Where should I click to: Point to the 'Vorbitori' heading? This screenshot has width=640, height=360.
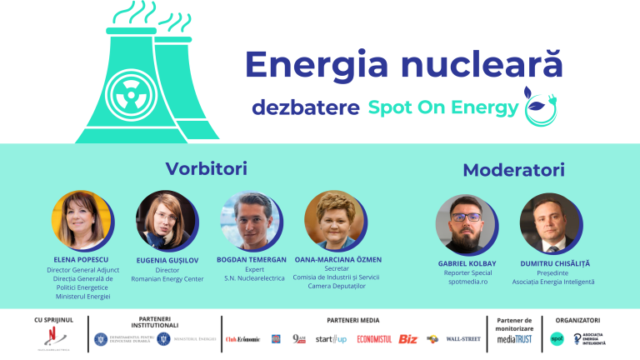[207, 168]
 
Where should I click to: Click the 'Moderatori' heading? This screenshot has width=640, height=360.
[513, 170]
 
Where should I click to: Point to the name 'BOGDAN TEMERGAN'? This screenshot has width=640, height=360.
[250, 260]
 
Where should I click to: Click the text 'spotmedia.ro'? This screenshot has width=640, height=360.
[466, 282]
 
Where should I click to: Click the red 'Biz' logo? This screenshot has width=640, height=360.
[408, 338]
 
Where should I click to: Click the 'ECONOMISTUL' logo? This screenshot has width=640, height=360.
[373, 338]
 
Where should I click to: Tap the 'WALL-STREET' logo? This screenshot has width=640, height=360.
[462, 338]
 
